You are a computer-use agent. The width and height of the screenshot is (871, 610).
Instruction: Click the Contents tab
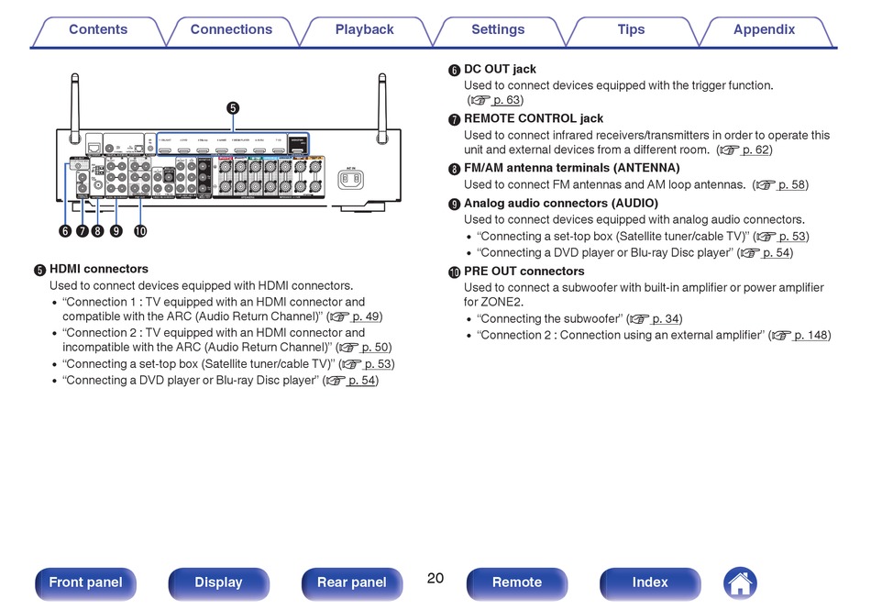coord(98,29)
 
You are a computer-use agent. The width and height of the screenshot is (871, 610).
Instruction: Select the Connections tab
coord(231,29)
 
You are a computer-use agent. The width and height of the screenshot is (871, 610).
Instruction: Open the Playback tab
coord(364,29)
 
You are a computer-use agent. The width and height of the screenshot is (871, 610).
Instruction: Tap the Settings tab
coord(498,29)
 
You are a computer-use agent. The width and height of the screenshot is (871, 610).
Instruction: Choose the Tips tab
coord(631,29)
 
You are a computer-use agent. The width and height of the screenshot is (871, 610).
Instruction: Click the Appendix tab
coord(764,29)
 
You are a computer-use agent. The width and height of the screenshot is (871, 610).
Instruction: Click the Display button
coord(218,582)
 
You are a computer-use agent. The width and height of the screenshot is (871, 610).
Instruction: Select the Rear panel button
coord(351,582)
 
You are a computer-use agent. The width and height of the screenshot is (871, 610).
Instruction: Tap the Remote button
coord(517,582)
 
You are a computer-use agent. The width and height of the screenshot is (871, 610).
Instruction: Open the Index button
coord(650,582)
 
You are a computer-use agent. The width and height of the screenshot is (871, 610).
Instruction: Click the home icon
coord(740,582)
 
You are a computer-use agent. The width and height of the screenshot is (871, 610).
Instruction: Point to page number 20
coord(435,578)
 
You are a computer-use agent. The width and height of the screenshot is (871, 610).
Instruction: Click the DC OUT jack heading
coord(500,69)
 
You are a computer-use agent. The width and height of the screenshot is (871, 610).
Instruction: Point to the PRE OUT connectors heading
coord(524,272)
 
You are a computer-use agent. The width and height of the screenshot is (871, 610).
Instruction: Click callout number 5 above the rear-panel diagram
coord(233,107)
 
